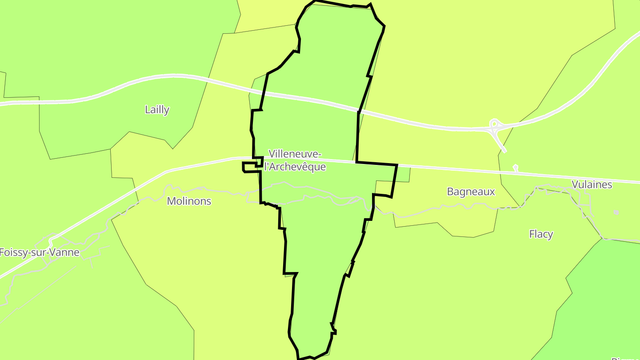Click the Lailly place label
pos(157,109)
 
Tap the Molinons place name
pos(189,201)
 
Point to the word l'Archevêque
pos(295,167)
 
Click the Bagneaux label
pos(471,192)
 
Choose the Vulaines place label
pos(592,184)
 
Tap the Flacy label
pos(541,234)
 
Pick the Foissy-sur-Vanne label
pos(40,252)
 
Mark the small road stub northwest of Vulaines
pos(516,168)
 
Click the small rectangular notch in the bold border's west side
pos(250,167)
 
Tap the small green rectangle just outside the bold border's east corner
pos(403,174)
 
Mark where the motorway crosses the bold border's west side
pos(263,93)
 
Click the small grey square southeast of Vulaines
pos(616,212)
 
